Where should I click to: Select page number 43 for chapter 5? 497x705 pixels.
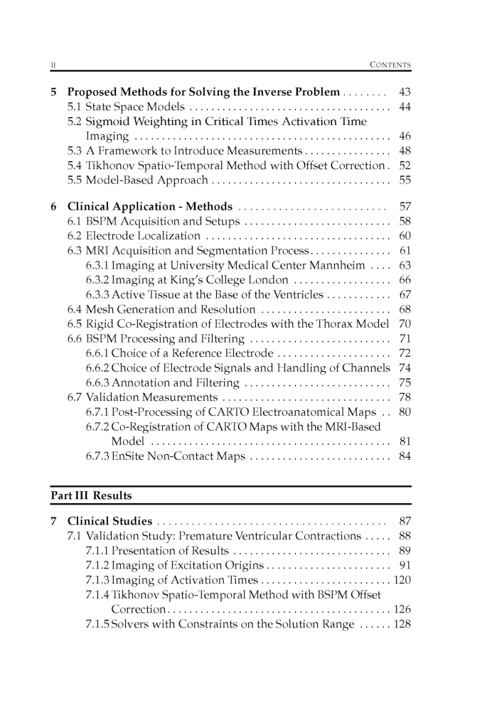click(x=405, y=92)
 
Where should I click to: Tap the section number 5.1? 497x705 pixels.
click(x=75, y=107)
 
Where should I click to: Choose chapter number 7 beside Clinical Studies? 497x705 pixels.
click(x=54, y=522)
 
